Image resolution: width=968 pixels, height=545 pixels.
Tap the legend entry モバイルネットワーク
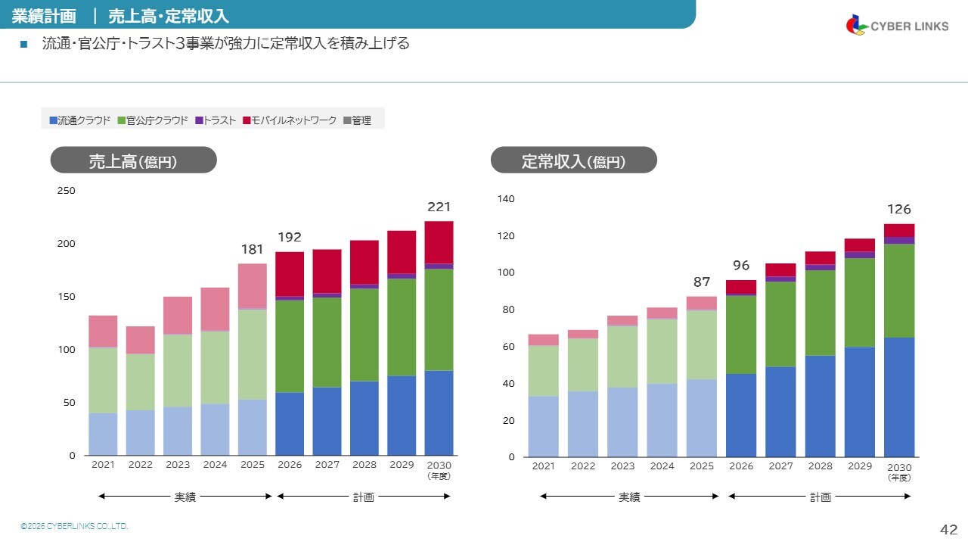[x=290, y=120]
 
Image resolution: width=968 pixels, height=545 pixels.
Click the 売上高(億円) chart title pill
[x=133, y=160]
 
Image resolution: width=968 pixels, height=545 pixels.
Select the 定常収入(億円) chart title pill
[x=573, y=160]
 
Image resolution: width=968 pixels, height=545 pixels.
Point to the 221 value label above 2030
[x=439, y=207]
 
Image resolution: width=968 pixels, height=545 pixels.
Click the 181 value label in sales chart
[x=253, y=250]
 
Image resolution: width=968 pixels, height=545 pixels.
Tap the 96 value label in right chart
[x=740, y=265]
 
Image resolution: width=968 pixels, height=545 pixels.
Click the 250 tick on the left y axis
[x=67, y=191]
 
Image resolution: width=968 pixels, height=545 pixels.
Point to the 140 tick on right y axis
[x=506, y=199]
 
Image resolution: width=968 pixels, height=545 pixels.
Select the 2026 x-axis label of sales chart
[x=290, y=465]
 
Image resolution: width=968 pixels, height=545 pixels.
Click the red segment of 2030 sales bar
[x=439, y=242]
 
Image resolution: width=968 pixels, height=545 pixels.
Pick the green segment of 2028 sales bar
[x=365, y=334]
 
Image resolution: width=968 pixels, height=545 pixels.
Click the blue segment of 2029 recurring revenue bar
[x=859, y=401]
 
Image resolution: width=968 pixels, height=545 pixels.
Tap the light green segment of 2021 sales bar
[x=103, y=380]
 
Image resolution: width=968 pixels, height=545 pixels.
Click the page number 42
[x=948, y=530]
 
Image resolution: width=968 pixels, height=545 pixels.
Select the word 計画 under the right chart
[x=821, y=497]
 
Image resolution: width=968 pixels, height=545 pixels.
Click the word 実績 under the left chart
[x=185, y=497]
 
